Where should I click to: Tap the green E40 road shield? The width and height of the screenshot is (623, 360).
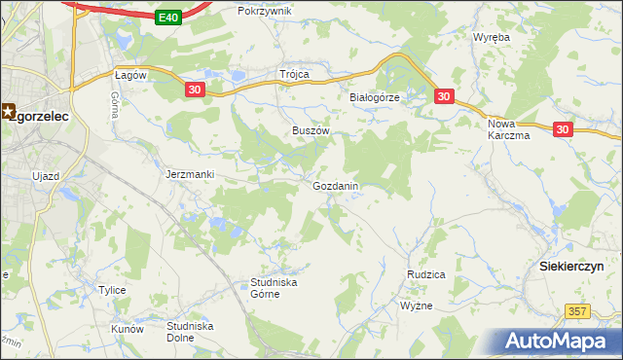(169, 17)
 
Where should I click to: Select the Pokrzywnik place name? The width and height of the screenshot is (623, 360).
(265, 11)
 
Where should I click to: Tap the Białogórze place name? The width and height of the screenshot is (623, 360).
(377, 98)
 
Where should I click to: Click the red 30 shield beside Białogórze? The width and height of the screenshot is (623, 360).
(444, 96)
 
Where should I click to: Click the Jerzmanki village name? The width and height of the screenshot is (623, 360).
(190, 174)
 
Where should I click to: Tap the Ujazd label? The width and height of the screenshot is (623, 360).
(46, 175)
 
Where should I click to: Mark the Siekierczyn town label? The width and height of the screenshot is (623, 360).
(572, 266)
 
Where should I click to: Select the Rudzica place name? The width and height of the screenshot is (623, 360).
(425, 274)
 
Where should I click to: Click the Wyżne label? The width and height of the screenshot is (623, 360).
(416, 306)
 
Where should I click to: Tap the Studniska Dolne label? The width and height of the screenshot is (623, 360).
(192, 332)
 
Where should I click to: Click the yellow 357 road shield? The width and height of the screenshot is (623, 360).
(576, 309)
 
